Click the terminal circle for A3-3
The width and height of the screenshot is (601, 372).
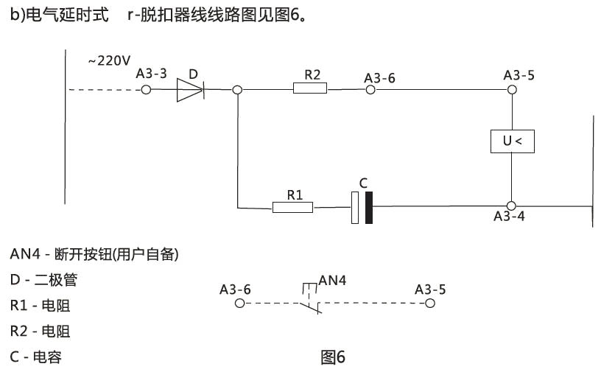tap(146, 89)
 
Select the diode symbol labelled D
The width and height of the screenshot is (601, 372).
tap(190, 89)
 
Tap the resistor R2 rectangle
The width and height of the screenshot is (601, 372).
tap(309, 89)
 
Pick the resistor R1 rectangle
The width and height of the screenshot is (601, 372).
tap(292, 207)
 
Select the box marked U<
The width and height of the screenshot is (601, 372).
tap(512, 141)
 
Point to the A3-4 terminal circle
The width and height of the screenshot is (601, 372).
tap(511, 206)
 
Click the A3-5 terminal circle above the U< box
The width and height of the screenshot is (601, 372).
tap(511, 89)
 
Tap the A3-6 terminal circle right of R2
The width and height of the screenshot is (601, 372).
tap(370, 89)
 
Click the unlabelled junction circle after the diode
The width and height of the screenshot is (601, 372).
tap(237, 89)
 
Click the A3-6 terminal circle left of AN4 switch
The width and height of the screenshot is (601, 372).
tap(238, 303)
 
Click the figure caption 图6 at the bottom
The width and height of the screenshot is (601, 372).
tap(333, 357)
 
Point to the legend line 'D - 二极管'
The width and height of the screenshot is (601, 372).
tap(43, 279)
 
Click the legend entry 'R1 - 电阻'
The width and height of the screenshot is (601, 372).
tap(41, 305)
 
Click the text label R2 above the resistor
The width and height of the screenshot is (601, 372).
tap(312, 74)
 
